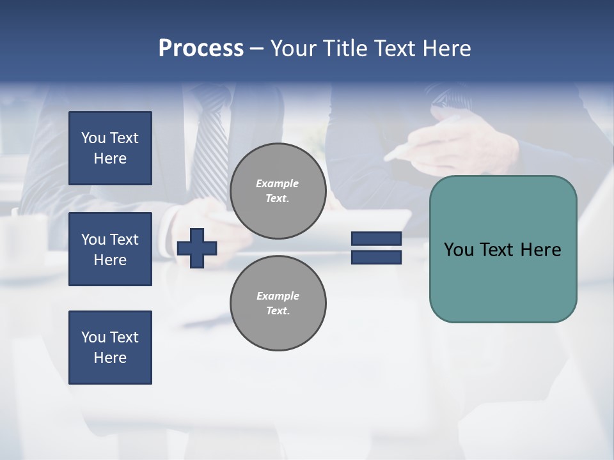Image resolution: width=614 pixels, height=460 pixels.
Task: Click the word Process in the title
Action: point(201,49)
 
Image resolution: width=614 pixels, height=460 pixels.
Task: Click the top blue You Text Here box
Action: point(110,148)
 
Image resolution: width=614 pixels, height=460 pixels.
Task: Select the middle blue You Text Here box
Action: point(110,249)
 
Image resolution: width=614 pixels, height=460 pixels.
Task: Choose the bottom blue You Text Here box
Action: point(110,347)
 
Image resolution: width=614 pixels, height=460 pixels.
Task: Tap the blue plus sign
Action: point(197,248)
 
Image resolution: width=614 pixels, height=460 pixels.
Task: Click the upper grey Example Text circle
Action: point(278,191)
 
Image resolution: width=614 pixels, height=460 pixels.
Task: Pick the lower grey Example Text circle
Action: point(278,303)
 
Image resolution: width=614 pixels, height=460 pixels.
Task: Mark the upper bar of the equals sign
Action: point(376,238)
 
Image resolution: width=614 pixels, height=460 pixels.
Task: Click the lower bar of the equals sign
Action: point(376,257)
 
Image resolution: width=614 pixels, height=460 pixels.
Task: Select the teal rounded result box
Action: point(503,249)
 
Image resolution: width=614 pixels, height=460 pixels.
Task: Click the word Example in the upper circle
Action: point(277,184)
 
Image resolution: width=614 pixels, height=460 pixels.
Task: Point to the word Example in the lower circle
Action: point(278,296)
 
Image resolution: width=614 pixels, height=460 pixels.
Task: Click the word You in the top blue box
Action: point(93,138)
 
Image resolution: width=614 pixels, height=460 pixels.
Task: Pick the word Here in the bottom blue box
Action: point(110,358)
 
